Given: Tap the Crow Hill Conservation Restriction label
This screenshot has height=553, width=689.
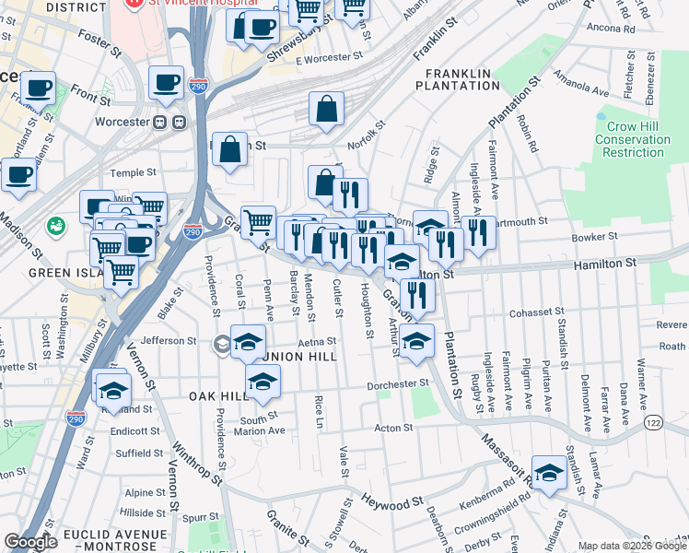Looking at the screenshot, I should tap(632, 139).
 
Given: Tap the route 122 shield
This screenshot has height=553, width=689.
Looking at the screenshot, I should tap(653, 422).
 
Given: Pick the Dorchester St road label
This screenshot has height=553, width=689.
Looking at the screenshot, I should tap(398, 384).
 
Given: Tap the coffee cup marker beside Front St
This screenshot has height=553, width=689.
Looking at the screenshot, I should tap(38, 89).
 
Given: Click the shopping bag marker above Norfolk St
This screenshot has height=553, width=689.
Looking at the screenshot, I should tap(327, 110).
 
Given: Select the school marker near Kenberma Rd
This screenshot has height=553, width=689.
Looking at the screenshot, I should tap(549, 474).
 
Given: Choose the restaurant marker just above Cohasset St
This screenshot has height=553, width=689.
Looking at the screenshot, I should tap(417, 296).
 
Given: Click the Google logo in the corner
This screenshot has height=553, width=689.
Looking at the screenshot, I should tap(30, 542).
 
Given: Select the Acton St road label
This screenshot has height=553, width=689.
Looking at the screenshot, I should tap(393, 428).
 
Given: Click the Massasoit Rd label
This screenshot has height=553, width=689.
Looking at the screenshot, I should tap(502, 454).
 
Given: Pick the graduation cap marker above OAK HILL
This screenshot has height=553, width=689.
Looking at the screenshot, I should tap(263, 381).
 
